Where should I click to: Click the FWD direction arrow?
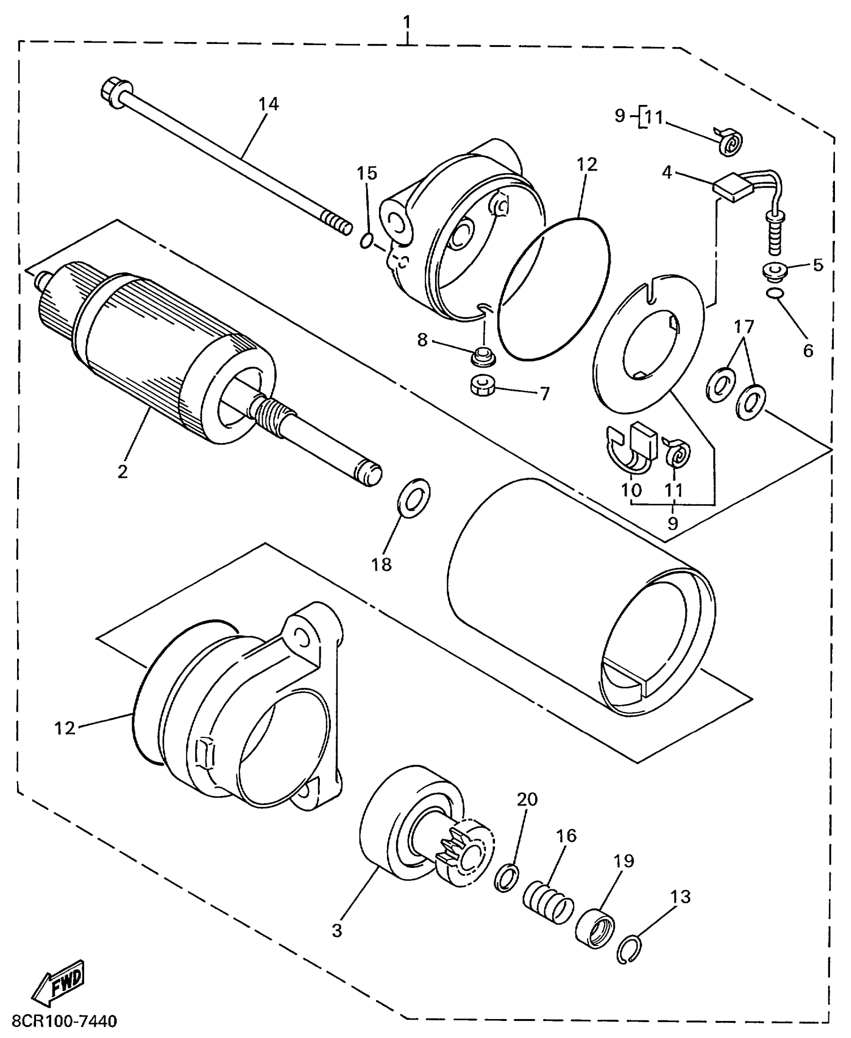point(59,979)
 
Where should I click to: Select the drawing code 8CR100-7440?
point(64,1020)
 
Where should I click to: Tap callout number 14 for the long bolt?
point(268,104)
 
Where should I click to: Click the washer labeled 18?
point(414,498)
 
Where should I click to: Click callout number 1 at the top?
point(407,22)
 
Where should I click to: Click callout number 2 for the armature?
point(123,471)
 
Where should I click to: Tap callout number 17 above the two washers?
point(744,328)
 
